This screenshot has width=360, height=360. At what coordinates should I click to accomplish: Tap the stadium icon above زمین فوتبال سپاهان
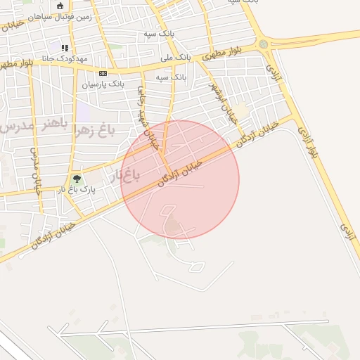tap(60, 6)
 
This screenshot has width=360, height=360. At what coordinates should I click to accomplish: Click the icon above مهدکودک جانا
tap(65, 49)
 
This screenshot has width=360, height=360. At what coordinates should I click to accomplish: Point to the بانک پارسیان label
tap(103, 84)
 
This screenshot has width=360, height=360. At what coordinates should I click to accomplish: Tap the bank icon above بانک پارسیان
tap(103, 73)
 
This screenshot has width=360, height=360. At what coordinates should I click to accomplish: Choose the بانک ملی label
tap(176, 56)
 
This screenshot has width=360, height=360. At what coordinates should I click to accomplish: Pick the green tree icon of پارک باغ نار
tap(77, 179)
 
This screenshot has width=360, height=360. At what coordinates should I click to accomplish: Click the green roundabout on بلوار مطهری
tap(264, 44)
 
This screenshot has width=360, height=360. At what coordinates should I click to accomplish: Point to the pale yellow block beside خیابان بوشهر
tap(241, 110)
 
